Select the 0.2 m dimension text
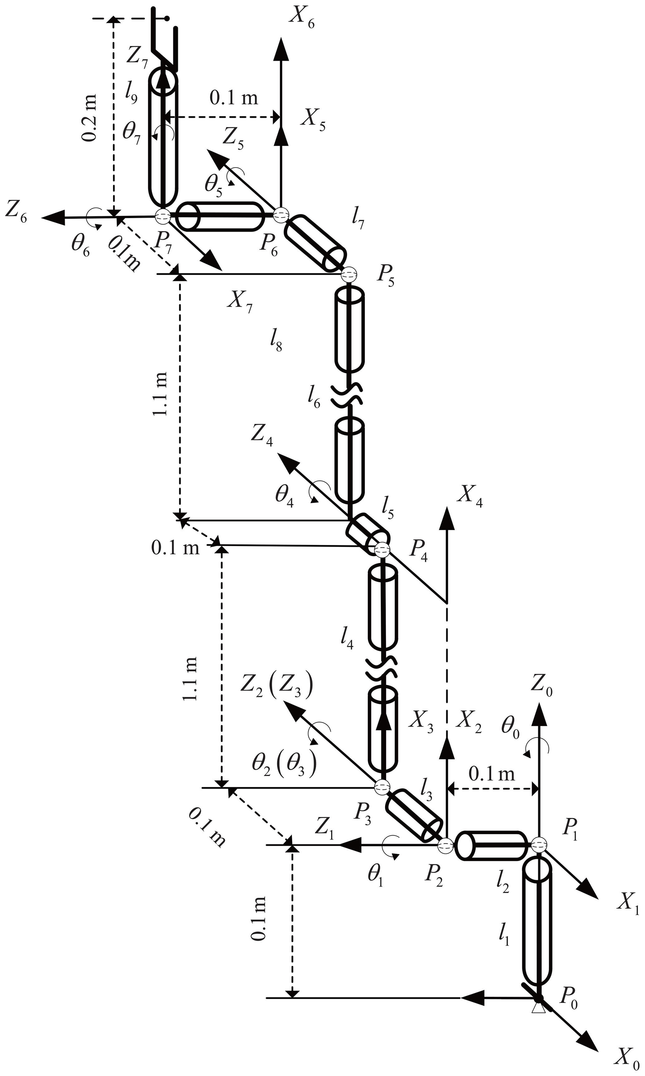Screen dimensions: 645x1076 (x=90, y=117)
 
